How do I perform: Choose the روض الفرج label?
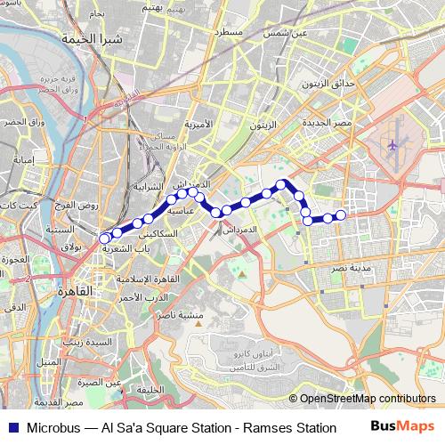tap(73, 205)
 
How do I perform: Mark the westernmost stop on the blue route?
tap(105, 238)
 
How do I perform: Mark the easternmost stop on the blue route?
tap(340, 214)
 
